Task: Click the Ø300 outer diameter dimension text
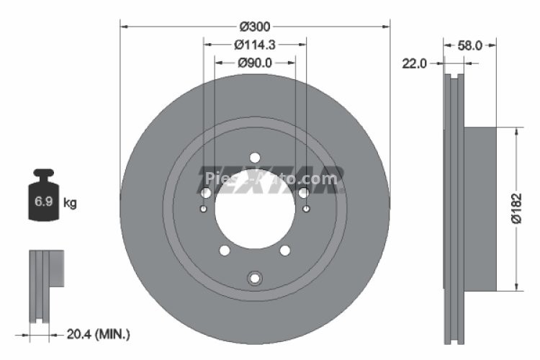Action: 255,27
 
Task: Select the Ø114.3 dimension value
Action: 255,45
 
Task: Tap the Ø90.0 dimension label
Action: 255,63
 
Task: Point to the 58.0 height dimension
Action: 469,45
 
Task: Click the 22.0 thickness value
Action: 414,63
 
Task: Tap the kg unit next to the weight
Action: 70,203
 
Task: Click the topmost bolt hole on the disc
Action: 255,157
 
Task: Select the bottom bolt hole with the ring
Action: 255,279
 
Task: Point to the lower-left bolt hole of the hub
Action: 225,250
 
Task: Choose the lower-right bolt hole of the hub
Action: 285,250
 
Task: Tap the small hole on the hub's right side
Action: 307,209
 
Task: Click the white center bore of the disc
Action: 255,212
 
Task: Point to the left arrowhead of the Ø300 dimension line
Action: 123,27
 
